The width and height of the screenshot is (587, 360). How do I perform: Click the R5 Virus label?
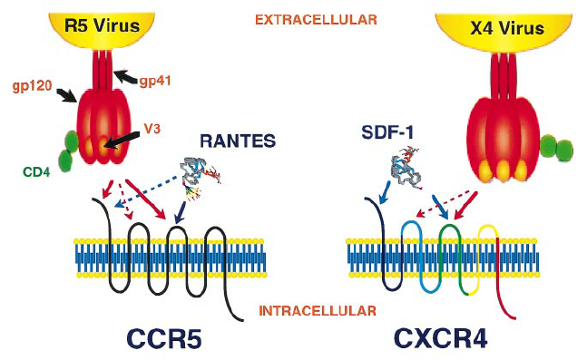tap(102, 25)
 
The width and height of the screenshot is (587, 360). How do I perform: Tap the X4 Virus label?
tap(507, 28)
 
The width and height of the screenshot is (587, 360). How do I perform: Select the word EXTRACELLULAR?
tap(316, 20)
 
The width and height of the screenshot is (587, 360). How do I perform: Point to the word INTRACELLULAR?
tap(318, 311)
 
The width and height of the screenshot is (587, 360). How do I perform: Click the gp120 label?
tap(32, 86)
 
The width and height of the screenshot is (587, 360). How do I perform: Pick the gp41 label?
tap(155, 81)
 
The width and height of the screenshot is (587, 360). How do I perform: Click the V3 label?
tap(152, 129)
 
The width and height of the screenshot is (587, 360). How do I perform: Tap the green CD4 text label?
tap(36, 172)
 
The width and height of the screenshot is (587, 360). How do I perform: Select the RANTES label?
tap(238, 141)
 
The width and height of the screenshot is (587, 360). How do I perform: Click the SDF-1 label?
tap(387, 132)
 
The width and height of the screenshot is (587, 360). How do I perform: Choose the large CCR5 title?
tap(165, 339)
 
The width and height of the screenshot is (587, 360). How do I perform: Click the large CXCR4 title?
tap(441, 339)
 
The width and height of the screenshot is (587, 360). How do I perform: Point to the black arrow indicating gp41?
tap(125, 77)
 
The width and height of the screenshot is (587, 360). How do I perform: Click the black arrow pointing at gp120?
tap(66, 95)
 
